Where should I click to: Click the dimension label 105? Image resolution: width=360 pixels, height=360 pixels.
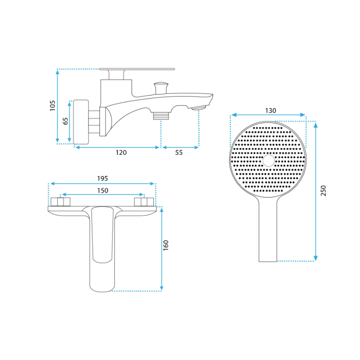click(x=53, y=106)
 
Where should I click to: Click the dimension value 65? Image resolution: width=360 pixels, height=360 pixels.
click(x=66, y=121)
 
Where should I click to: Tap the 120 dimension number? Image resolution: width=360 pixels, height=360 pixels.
click(x=121, y=153)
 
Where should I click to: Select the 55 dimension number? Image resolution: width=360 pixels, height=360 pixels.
click(x=179, y=153)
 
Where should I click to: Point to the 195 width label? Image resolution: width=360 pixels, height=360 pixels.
click(x=103, y=178)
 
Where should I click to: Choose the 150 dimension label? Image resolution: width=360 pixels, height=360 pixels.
click(x=103, y=190)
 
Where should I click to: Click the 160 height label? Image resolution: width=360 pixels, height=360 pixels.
click(x=166, y=245)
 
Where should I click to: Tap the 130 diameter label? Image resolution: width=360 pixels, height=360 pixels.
click(x=270, y=111)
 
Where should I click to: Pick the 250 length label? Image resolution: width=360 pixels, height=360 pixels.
click(x=323, y=190)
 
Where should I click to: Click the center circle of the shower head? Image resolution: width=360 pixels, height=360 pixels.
click(x=268, y=161)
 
